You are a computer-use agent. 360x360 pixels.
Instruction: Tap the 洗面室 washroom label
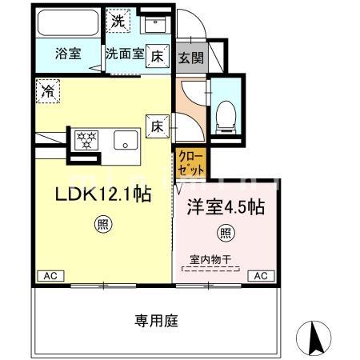pos(125,54)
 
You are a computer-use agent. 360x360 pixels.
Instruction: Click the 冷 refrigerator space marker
pos(47,91)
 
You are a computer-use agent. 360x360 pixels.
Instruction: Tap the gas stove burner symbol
pos(85,141)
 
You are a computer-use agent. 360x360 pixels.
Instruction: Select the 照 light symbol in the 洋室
pos(226,234)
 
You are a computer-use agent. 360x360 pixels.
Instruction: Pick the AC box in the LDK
pos(48,275)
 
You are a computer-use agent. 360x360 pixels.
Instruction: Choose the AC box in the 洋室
pos(259,275)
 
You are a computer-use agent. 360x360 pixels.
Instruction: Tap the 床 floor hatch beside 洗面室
pos(158,55)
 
